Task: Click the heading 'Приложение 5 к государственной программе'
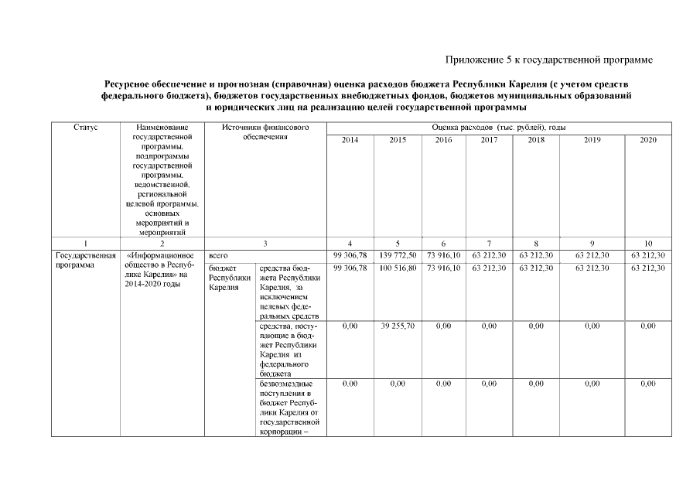(549, 60)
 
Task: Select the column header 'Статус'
(85, 126)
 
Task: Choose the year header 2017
(489, 140)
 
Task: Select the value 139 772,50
(398, 254)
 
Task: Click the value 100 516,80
(398, 268)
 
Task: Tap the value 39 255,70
(398, 326)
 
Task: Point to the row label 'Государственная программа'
(85, 260)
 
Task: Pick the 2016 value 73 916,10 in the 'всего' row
(443, 254)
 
